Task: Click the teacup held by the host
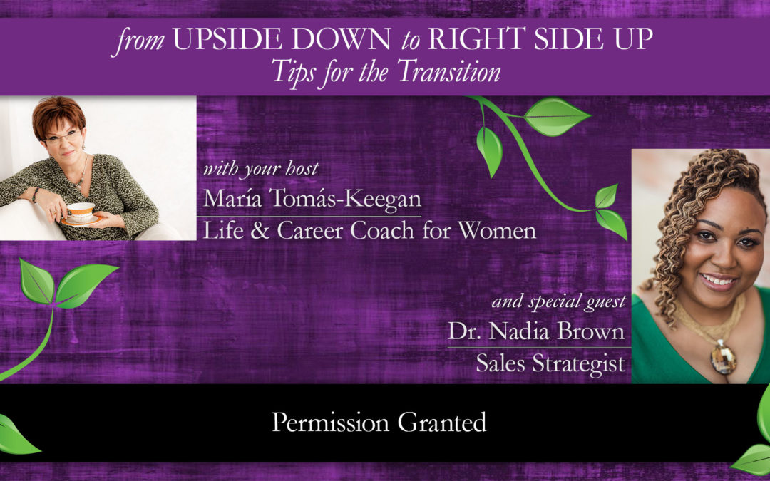80,212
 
